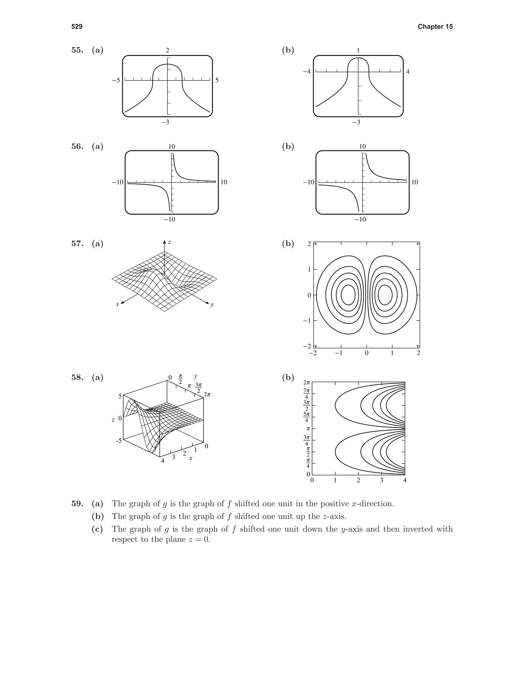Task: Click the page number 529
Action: pos(77,26)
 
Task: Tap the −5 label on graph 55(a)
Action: pos(116,81)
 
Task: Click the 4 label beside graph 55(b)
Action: pos(408,72)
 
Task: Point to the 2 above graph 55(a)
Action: pos(167,50)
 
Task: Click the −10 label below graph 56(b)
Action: pos(360,219)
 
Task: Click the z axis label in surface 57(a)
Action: pos(169,242)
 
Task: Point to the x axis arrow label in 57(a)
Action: pos(117,304)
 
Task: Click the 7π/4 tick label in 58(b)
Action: pos(307,393)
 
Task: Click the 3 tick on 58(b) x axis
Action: pos(382,480)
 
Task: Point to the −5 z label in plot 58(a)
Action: pos(119,441)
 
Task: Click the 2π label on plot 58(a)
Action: pos(207,395)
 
